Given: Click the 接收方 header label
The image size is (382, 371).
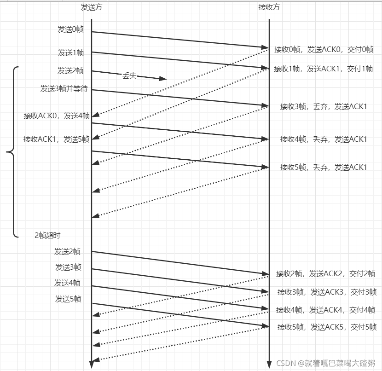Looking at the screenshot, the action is pyautogui.click(x=269, y=7).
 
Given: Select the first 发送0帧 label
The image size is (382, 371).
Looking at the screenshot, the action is pyautogui.click(x=70, y=29).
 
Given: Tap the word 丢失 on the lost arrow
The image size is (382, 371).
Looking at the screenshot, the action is pyautogui.click(x=129, y=76).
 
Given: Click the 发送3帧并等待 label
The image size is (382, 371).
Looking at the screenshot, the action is pyautogui.click(x=64, y=89).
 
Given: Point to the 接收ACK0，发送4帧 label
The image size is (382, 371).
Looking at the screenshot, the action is pyautogui.click(x=57, y=116).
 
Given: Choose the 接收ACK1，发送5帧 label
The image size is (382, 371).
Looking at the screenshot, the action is pyautogui.click(x=57, y=139).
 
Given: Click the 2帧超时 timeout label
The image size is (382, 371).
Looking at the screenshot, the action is pyautogui.click(x=47, y=235).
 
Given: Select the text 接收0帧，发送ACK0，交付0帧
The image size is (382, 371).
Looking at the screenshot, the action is pyautogui.click(x=324, y=49).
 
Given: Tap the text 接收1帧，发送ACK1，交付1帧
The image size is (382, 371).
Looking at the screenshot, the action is pyautogui.click(x=323, y=69).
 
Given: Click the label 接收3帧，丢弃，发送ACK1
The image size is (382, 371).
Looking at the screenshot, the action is pyautogui.click(x=324, y=107).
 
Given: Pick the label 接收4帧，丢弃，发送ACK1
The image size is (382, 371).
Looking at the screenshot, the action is pyautogui.click(x=324, y=139).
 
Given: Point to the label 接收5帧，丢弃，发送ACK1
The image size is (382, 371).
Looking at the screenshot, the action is pyautogui.click(x=324, y=167).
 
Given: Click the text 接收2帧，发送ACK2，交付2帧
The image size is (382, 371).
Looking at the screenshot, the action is pyautogui.click(x=326, y=274).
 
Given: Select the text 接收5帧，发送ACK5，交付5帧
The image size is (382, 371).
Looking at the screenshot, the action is pyautogui.click(x=327, y=327).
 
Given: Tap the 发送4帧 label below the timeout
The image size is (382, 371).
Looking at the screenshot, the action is pyautogui.click(x=67, y=283).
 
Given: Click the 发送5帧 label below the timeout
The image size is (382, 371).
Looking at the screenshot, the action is pyautogui.click(x=68, y=299).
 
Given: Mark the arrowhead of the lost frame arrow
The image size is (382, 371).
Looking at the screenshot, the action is pyautogui.click(x=162, y=79).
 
